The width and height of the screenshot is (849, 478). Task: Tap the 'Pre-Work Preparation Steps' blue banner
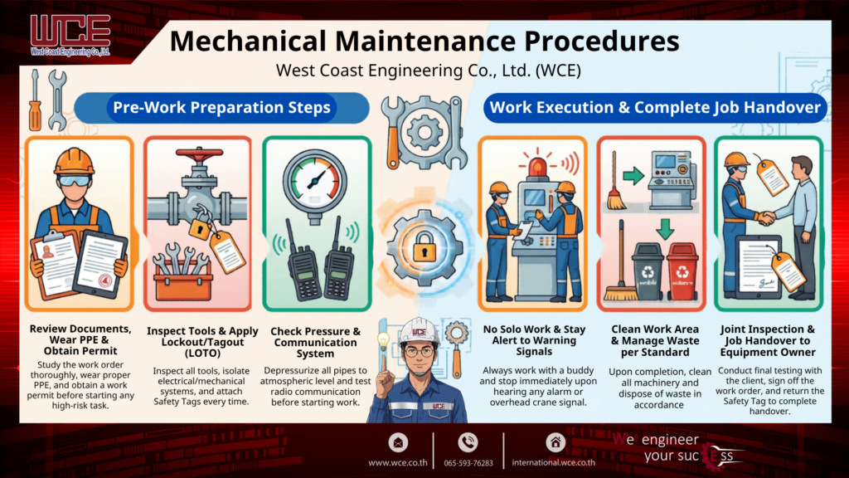tap(221, 107)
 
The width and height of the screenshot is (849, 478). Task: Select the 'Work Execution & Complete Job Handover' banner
tap(655, 107)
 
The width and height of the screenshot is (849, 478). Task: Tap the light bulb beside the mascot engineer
tap(384, 341)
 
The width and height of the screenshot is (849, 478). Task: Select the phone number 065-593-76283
tap(468, 462)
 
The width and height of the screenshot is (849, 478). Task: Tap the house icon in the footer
tap(555, 442)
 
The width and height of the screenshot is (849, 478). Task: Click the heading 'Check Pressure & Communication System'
tap(315, 342)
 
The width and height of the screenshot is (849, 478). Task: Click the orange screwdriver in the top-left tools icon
tap(35, 103)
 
